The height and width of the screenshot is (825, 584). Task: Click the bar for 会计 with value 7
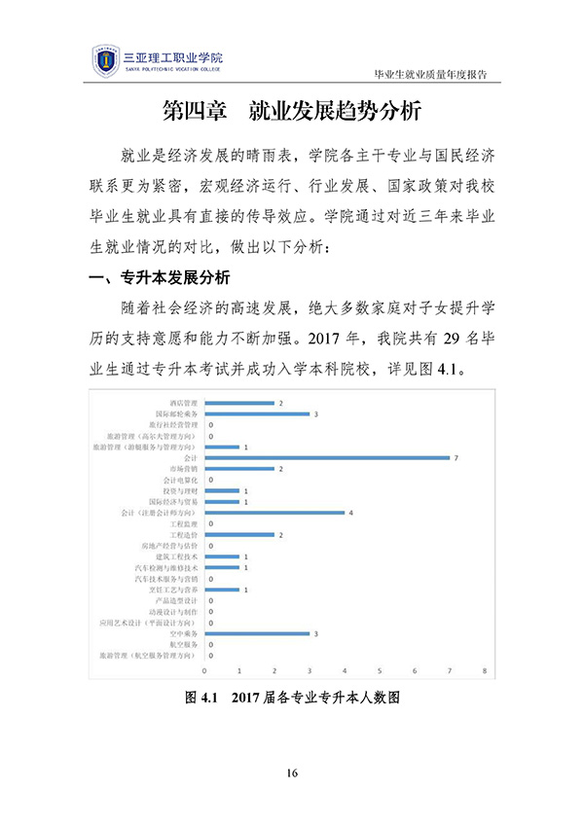(327, 457)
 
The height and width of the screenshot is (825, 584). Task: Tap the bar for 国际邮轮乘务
(257, 413)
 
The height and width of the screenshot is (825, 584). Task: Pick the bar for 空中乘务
(257, 633)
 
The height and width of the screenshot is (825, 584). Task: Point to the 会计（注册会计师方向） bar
(274, 512)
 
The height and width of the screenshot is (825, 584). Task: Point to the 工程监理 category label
(184, 523)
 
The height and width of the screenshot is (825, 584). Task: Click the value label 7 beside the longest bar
(456, 457)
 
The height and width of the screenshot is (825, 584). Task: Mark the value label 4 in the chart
(350, 512)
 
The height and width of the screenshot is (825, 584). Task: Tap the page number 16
(292, 773)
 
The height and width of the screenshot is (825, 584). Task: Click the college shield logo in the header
(104, 61)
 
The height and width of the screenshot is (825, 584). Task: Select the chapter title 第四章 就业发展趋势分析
(292, 111)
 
